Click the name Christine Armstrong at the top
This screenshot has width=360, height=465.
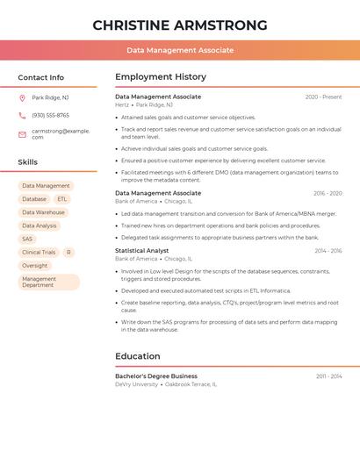coord(180,24)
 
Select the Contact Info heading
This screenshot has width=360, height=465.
coord(40,77)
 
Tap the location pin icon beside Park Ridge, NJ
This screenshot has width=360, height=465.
coord(22,97)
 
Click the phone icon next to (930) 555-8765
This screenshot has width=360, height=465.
coord(22,115)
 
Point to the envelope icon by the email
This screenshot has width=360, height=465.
coord(22,134)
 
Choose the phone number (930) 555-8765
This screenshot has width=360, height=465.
coord(50,115)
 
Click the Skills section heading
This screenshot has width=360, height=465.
coord(28,162)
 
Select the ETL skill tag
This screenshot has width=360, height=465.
coord(62,199)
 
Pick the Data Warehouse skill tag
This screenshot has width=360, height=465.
coord(43,212)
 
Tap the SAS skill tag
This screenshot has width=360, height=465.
coord(27,239)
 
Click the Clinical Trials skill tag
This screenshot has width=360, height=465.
coord(39,252)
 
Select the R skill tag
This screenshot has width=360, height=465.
coord(68,252)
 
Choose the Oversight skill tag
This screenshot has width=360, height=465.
coord(35,265)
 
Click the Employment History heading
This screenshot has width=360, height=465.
coord(161,77)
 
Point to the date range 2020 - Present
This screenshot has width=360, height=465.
coord(323,97)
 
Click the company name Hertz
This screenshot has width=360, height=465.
coord(122,104)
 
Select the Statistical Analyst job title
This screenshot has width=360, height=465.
coord(141,250)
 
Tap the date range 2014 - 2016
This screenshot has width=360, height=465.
coord(328,250)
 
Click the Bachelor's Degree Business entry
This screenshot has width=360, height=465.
coord(156,376)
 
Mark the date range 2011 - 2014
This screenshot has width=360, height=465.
coord(329,376)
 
